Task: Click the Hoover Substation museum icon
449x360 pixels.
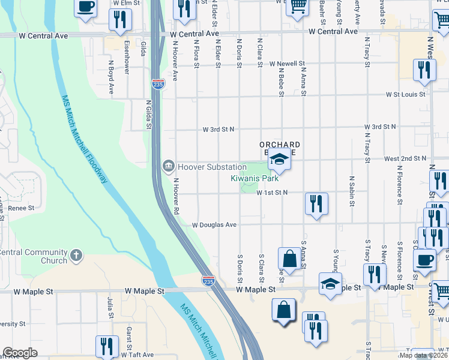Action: pos(169,166)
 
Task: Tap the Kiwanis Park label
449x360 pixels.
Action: pos(255,178)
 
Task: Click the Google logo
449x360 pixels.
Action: pos(20,353)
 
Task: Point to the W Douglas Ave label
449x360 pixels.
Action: pos(214,225)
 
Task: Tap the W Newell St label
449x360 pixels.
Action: pos(287,63)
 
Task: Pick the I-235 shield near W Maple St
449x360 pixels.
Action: pos(208,280)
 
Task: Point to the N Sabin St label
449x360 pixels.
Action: pos(351,191)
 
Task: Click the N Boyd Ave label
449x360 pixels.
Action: pos(111,76)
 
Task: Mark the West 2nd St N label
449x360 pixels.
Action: pos(405,158)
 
